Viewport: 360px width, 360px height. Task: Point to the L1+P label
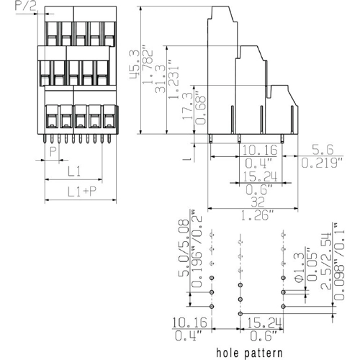pyautogui.click(x=77, y=192)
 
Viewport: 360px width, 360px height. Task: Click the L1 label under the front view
pyautogui.click(x=73, y=172)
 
